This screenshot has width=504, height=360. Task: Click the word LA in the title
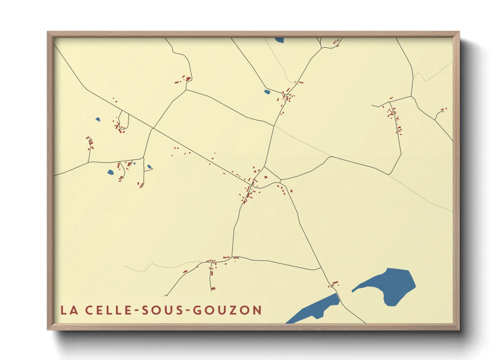pos(69,310)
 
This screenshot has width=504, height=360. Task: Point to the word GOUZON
pos(227,310)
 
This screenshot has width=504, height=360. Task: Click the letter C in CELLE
pos(89,310)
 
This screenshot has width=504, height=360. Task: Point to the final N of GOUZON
pos(257,310)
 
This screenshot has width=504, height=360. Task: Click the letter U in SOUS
pos(168,310)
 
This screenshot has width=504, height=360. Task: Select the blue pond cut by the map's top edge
pos(279,40)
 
